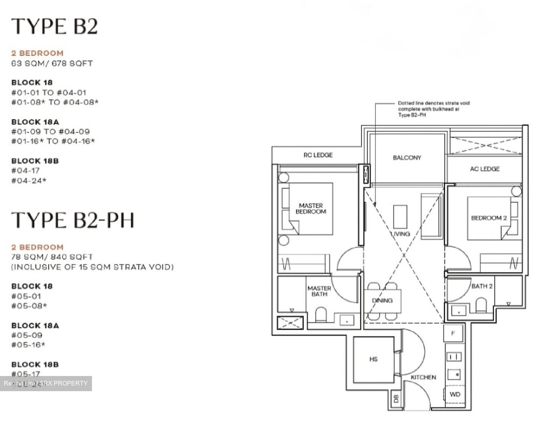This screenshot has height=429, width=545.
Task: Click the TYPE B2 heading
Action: coord(54,26)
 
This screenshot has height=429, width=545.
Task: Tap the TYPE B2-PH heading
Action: coord(73,220)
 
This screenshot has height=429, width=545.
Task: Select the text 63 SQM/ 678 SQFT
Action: coord(52,63)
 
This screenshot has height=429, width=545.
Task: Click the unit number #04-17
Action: coord(25,171)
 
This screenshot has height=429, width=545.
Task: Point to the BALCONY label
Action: coord(407,158)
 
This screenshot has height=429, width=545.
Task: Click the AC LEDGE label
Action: coord(484,169)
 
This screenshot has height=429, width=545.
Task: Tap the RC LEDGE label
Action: coord(318,155)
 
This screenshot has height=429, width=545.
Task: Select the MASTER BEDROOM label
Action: coord(311,209)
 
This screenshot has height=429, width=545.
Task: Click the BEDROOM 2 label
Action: coord(489,218)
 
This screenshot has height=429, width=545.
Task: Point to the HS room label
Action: coord(374,359)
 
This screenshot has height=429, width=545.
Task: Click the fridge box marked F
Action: coord(453,333)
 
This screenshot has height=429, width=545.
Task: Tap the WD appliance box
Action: coord(455,394)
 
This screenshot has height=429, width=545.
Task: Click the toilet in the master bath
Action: coord(321,314)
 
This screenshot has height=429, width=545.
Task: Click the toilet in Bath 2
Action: coord(480,304)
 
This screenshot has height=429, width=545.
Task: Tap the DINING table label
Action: coord(382,300)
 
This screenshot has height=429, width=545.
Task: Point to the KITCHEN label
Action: coord(423,377)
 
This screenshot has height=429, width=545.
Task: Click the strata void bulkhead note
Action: coord(433,109)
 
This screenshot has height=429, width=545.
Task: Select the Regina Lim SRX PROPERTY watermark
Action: coord(46,383)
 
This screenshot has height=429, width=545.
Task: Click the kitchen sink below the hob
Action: coord(454,374)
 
